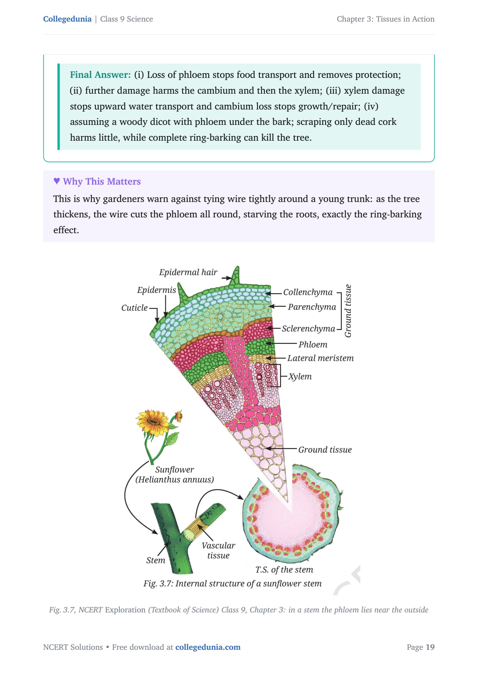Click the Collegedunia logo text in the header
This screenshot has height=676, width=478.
[x=67, y=19]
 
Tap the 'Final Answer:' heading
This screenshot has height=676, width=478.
[x=100, y=75]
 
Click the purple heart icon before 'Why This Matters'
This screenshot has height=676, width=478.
[x=57, y=181]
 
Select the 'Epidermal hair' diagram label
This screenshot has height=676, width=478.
[x=188, y=272]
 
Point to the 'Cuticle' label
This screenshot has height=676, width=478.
[x=134, y=308]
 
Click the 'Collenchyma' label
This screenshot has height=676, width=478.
[x=308, y=292]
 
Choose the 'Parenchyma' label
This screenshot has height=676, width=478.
[x=312, y=307]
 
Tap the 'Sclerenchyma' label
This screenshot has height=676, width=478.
[x=308, y=328]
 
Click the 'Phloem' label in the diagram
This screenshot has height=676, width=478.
[x=313, y=345]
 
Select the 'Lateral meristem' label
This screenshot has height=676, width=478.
[x=320, y=358]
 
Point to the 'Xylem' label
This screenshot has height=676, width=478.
[x=300, y=377]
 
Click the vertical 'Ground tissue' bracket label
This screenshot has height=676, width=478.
[x=348, y=311]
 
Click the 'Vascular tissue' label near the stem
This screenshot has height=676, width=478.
[x=218, y=550]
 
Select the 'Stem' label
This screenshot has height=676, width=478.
[x=155, y=560]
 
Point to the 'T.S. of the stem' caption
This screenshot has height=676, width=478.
[x=284, y=570]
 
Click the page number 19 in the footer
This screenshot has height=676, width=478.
[x=430, y=647]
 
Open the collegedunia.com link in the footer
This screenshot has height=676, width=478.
[x=208, y=647]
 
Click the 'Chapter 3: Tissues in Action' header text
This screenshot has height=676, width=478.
[x=385, y=19]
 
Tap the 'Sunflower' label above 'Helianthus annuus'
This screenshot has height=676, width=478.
[x=175, y=469]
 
